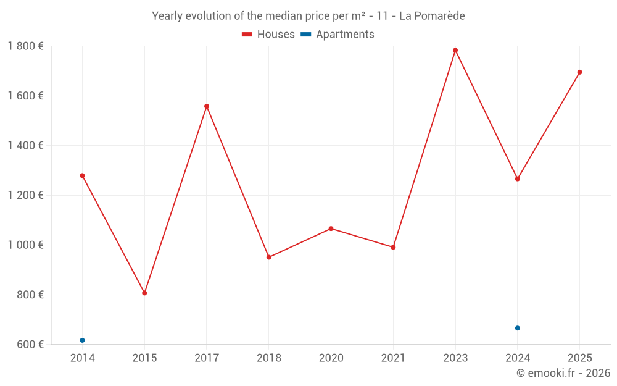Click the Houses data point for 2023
click(455, 51)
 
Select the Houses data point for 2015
click(144, 293)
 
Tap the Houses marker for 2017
click(207, 106)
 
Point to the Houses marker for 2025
click(579, 72)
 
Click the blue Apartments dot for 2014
click(82, 340)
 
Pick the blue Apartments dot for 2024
click(517, 328)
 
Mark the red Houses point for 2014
click(82, 175)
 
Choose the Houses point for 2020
click(331, 229)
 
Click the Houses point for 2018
click(268, 257)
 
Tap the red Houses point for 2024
click(517, 179)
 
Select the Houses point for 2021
click(393, 247)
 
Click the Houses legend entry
click(268, 35)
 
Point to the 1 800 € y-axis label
click(25, 46)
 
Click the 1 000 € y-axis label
click(25, 245)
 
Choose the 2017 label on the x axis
click(207, 358)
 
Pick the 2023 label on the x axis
click(455, 358)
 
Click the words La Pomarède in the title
click(432, 16)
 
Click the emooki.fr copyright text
click(563, 373)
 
